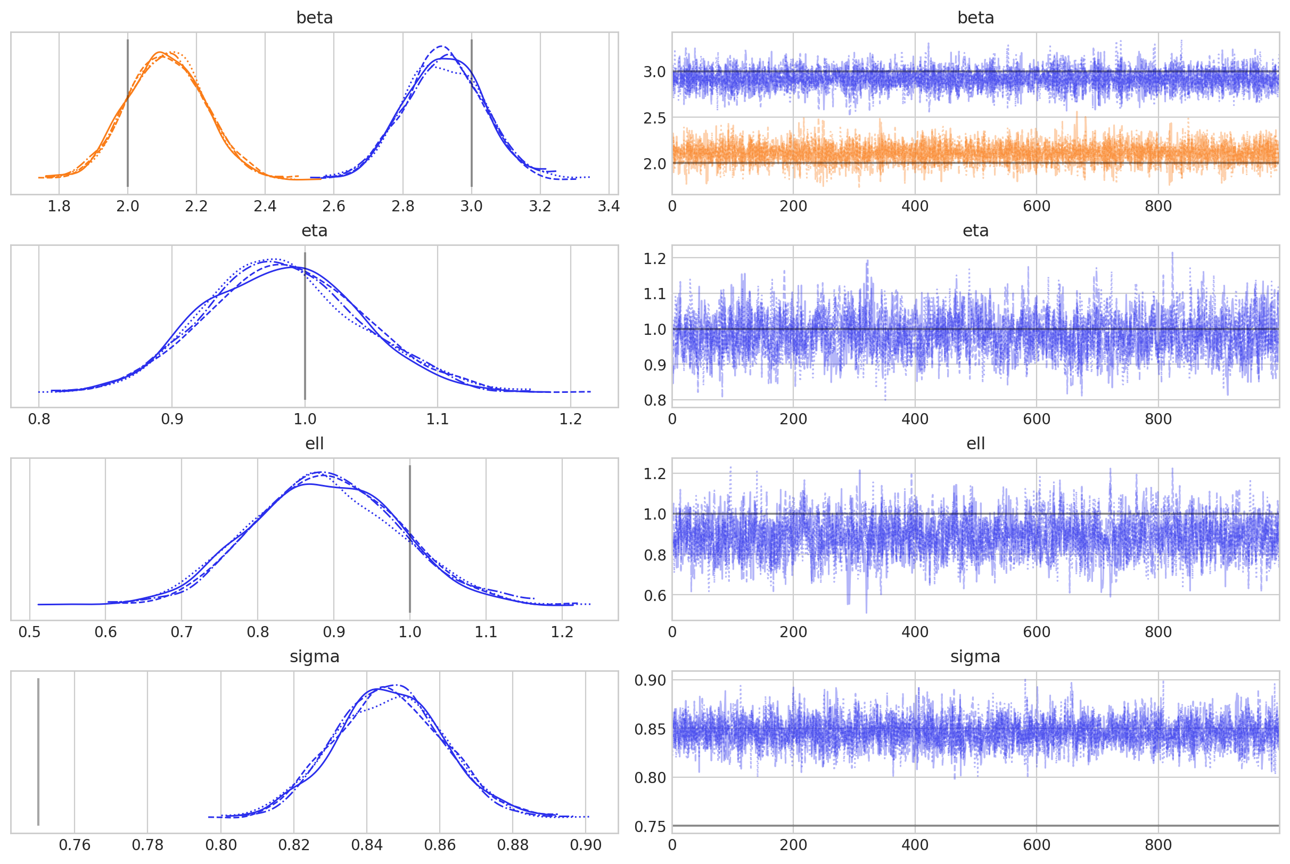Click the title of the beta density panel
point(314,18)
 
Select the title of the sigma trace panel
point(975,656)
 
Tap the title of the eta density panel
point(314,231)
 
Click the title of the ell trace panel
point(975,443)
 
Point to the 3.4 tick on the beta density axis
point(609,206)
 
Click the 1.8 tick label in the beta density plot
point(59,206)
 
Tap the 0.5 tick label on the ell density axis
point(29,632)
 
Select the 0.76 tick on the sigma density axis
point(75,845)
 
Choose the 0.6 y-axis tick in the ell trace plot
point(654,596)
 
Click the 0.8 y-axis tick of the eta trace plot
point(654,400)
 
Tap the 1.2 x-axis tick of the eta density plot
point(570,419)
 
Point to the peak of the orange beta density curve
point(160,52)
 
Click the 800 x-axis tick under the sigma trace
point(1158,845)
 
